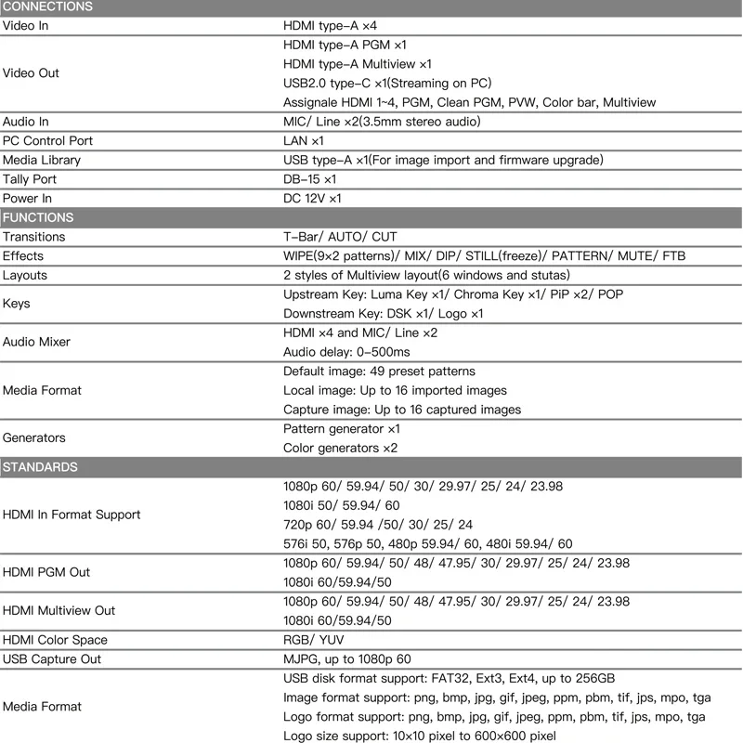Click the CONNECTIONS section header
point(47,7)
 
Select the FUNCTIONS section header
point(38,217)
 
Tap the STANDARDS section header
point(40,467)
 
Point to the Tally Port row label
point(30,179)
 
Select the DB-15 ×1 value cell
point(309,179)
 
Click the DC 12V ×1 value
point(312,199)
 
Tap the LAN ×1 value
point(303,141)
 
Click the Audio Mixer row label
point(36,342)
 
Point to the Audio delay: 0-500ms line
point(345,352)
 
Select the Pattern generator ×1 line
point(341,429)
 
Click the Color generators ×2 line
point(340,449)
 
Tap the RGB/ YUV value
point(312,640)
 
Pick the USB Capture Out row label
point(52,659)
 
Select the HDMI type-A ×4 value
point(330,25)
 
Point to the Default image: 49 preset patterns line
point(379,371)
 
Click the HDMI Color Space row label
point(55,640)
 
